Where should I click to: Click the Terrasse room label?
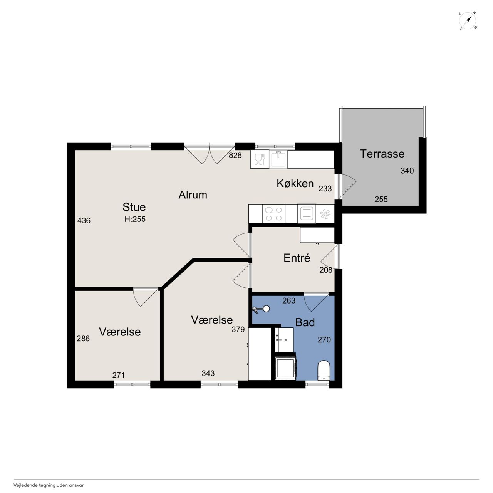[x=382, y=154]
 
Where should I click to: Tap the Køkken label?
[x=295, y=183]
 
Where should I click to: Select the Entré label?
[x=297, y=258]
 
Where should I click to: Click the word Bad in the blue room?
[x=305, y=322]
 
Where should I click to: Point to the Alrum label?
[x=193, y=195]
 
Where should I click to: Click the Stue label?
[x=134, y=207]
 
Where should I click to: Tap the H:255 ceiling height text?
[x=135, y=219]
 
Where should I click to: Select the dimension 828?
[x=235, y=155]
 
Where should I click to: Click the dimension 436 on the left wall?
[x=84, y=220]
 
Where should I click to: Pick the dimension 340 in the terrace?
[x=407, y=170]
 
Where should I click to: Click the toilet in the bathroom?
[x=324, y=371]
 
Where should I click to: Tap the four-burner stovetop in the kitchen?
[x=273, y=214]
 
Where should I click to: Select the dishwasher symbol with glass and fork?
[x=260, y=159]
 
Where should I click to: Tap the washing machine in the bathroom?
[x=285, y=367]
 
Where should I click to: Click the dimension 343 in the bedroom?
[x=208, y=373]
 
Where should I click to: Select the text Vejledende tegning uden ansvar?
[x=49, y=485]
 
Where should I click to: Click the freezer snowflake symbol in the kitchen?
[x=325, y=214]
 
